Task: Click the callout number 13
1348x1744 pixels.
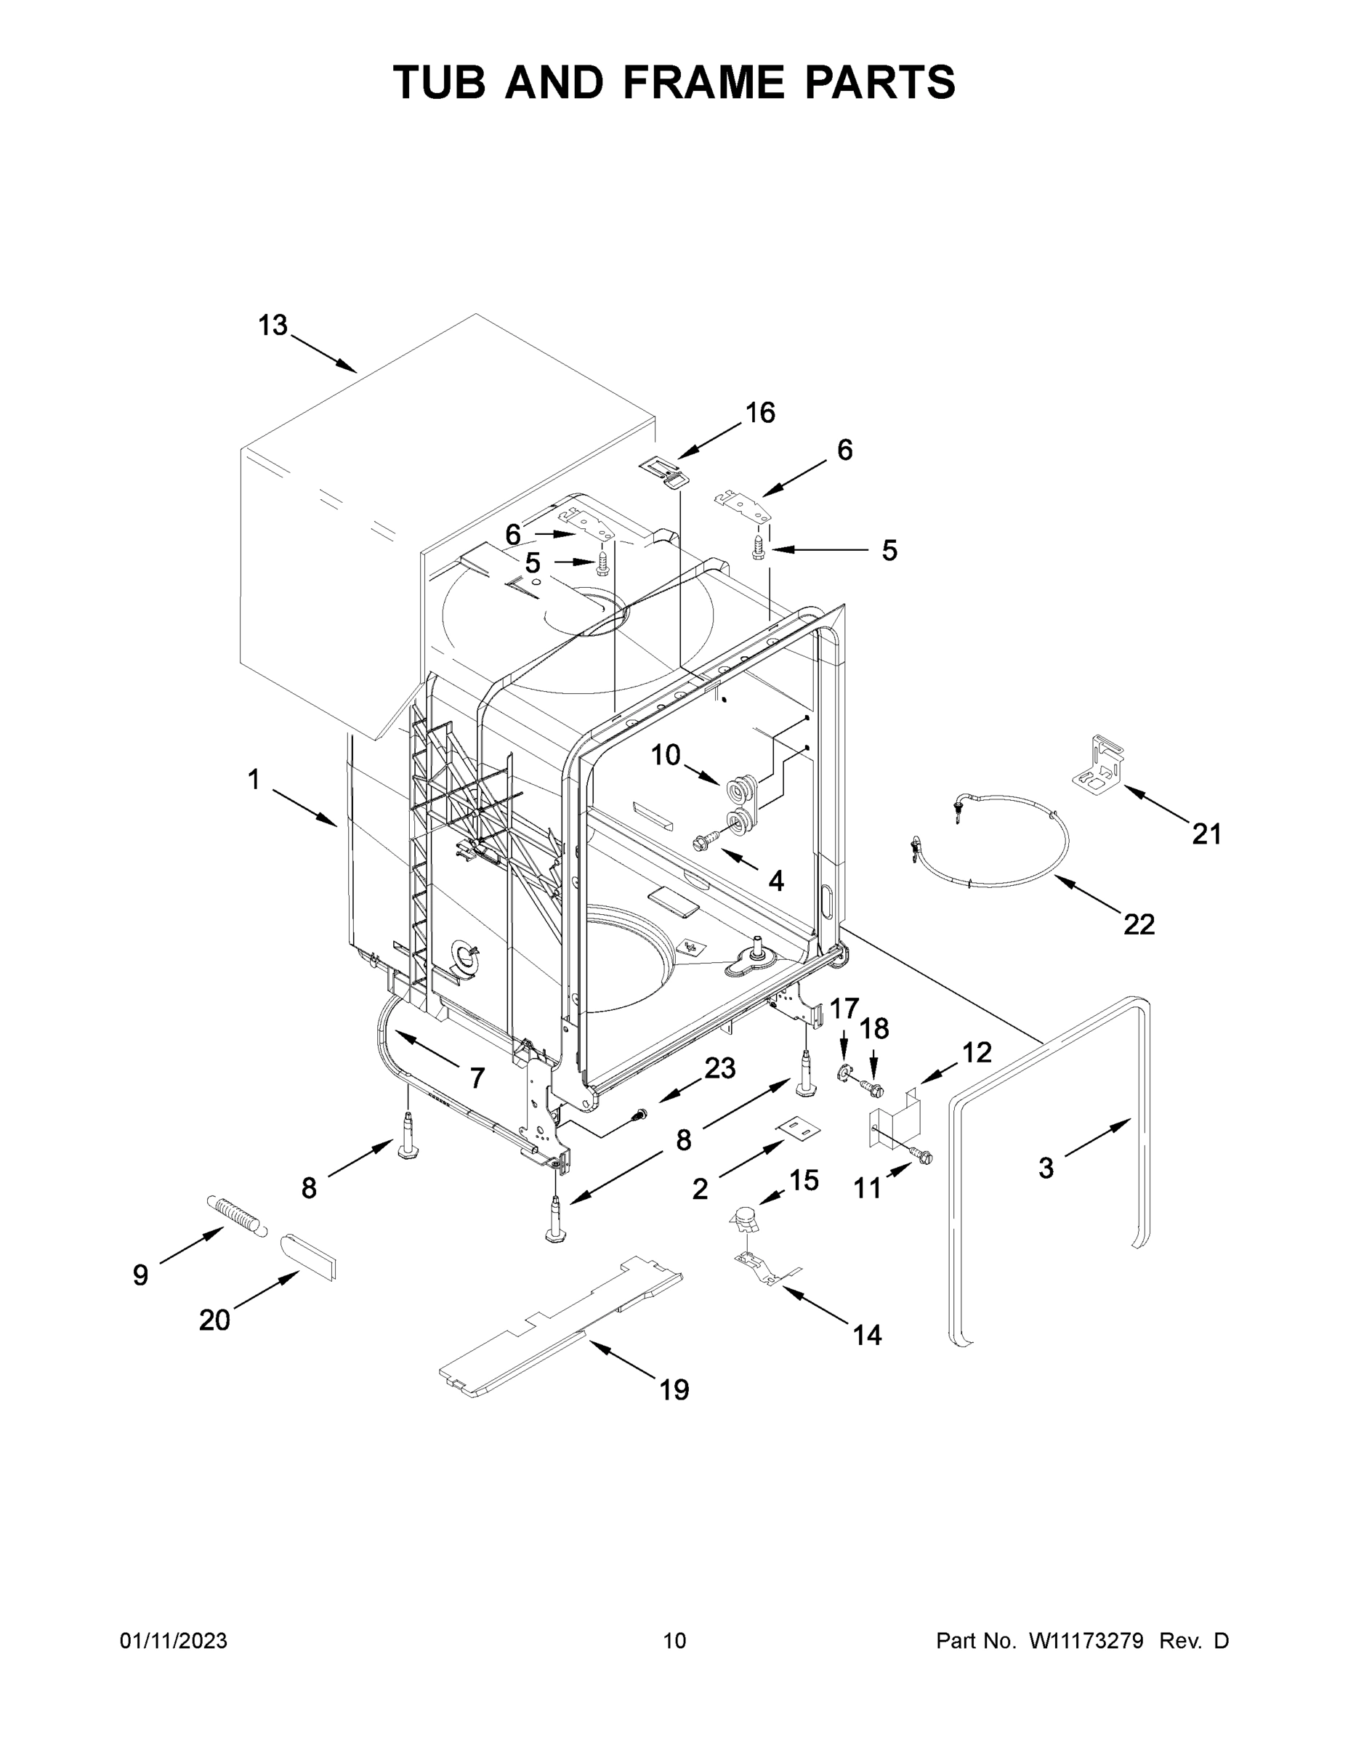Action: point(272,326)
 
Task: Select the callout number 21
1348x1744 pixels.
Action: point(1206,833)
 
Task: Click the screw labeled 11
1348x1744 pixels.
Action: point(922,1155)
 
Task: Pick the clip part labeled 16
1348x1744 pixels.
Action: point(664,471)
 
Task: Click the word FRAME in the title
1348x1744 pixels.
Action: point(701,82)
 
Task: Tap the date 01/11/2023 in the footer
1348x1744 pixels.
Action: point(173,1640)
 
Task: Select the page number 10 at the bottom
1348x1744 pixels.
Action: point(674,1640)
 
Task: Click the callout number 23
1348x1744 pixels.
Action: point(719,1067)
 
